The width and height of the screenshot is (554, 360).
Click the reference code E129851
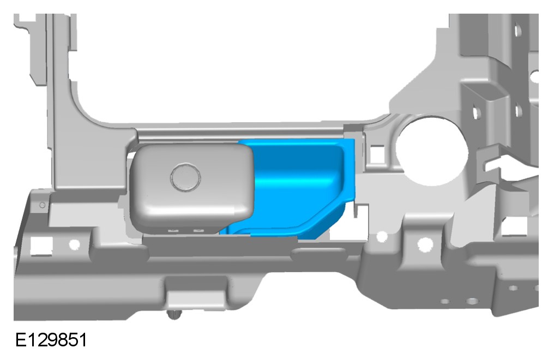pos(51,340)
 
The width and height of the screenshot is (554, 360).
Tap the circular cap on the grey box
pos(185,176)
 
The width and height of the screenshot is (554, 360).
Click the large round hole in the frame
pos(432,150)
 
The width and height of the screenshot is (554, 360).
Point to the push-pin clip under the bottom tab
pos(174,314)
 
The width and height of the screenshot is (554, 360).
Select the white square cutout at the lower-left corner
pos(41,245)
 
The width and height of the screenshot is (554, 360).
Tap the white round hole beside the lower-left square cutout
pos(75,244)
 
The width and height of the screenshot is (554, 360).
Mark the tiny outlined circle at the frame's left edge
pos(42,205)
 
